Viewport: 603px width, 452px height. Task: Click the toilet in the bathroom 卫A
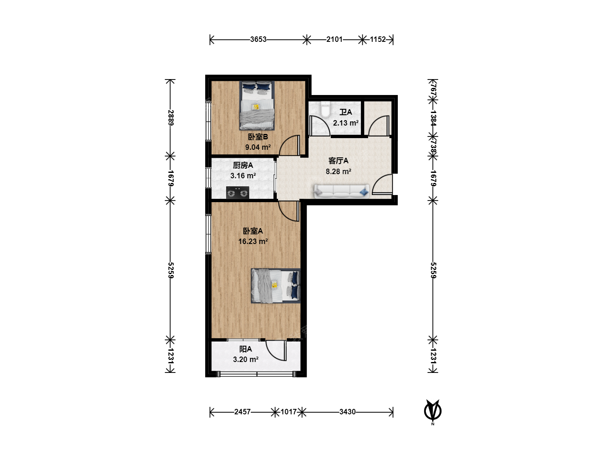pos(325,109)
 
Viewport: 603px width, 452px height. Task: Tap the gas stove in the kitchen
pos(237,193)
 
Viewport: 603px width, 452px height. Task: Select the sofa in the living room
pos(341,191)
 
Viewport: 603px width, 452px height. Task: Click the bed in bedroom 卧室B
pos(257,105)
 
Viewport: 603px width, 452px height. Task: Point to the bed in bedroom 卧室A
pos(276,286)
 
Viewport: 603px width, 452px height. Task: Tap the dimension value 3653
pos(258,39)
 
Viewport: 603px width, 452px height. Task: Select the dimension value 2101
pos(334,39)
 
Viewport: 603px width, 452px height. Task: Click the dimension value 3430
pos(347,412)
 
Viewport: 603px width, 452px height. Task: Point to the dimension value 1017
pos(289,412)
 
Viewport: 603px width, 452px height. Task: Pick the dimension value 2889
pos(170,118)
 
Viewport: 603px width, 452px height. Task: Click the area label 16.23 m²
pos(253,241)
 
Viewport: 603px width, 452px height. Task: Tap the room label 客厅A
pos(338,161)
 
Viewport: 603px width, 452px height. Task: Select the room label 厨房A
pos(243,165)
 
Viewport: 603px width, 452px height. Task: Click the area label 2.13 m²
pos(345,123)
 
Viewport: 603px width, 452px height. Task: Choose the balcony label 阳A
pos(245,349)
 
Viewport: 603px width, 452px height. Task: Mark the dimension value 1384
pos(433,118)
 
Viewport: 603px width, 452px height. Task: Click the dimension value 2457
pos(242,412)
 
